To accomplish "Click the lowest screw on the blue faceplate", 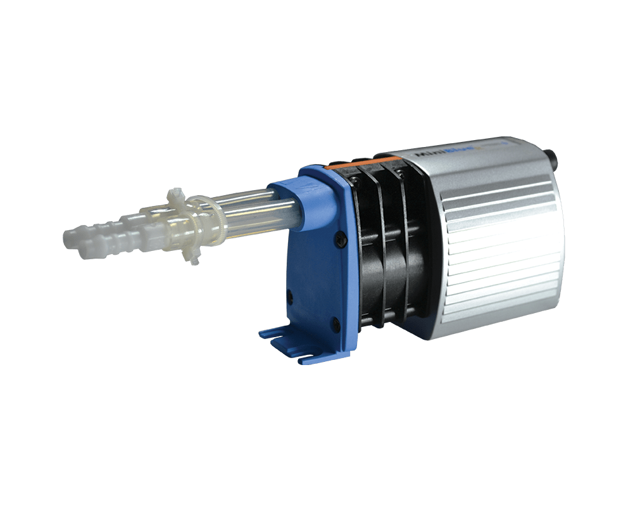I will click(x=335, y=328).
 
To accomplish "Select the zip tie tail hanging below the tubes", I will click(x=192, y=256).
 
